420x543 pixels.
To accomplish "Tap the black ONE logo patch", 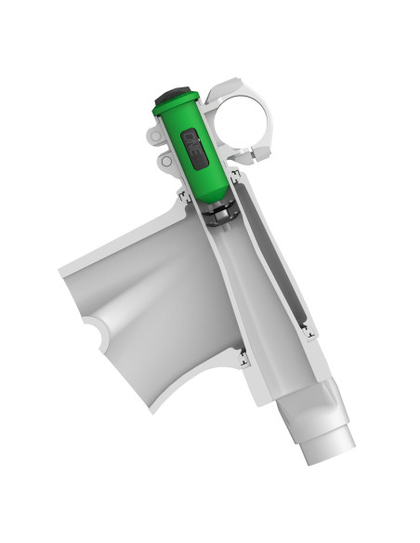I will [x=196, y=149].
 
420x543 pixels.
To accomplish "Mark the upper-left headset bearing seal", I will [x=184, y=196].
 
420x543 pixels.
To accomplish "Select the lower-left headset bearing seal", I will [x=243, y=356].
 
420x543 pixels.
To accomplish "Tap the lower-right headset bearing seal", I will [x=306, y=329].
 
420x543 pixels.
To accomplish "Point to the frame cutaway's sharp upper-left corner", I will [x=61, y=270].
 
